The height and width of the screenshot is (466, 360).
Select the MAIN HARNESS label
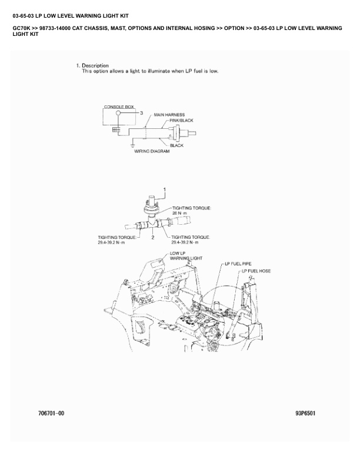tap(169, 115)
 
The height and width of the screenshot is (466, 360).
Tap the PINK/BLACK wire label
tap(181, 120)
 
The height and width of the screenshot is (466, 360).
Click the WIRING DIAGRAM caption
tap(148, 151)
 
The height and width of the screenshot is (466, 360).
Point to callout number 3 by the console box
tap(141, 112)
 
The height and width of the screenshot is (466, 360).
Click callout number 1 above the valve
tap(165, 189)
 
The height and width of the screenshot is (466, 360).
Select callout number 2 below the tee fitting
tap(153, 237)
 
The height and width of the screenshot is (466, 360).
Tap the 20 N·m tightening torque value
tap(178, 213)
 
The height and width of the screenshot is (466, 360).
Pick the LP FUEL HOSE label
tap(256, 271)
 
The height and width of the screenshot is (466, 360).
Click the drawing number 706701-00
tap(51, 413)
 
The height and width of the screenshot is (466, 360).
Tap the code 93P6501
tap(305, 413)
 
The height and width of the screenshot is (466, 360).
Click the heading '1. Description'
tap(92, 65)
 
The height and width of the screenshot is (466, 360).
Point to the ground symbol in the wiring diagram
tap(133, 144)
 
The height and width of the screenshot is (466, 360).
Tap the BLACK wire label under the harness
tap(176, 145)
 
